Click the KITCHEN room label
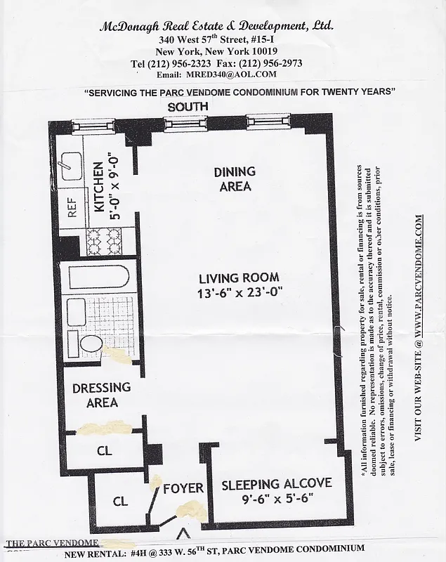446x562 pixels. pyautogui.click(x=98, y=191)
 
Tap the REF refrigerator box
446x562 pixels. pyautogui.click(x=72, y=207)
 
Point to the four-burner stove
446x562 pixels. pyautogui.click(x=103, y=242)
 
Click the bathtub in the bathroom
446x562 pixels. pyautogui.click(x=94, y=277)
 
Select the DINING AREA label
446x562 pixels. pyautogui.click(x=235, y=179)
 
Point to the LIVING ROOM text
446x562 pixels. pyautogui.click(x=239, y=277)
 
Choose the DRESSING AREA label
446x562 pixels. pyautogui.click(x=102, y=395)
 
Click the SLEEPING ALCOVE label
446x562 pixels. pyautogui.click(x=276, y=485)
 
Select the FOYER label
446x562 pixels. pyautogui.click(x=183, y=488)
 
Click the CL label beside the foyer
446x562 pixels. pyautogui.click(x=121, y=502)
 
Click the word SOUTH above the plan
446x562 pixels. pyautogui.click(x=188, y=106)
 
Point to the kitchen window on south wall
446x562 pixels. pyautogui.click(x=93, y=126)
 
